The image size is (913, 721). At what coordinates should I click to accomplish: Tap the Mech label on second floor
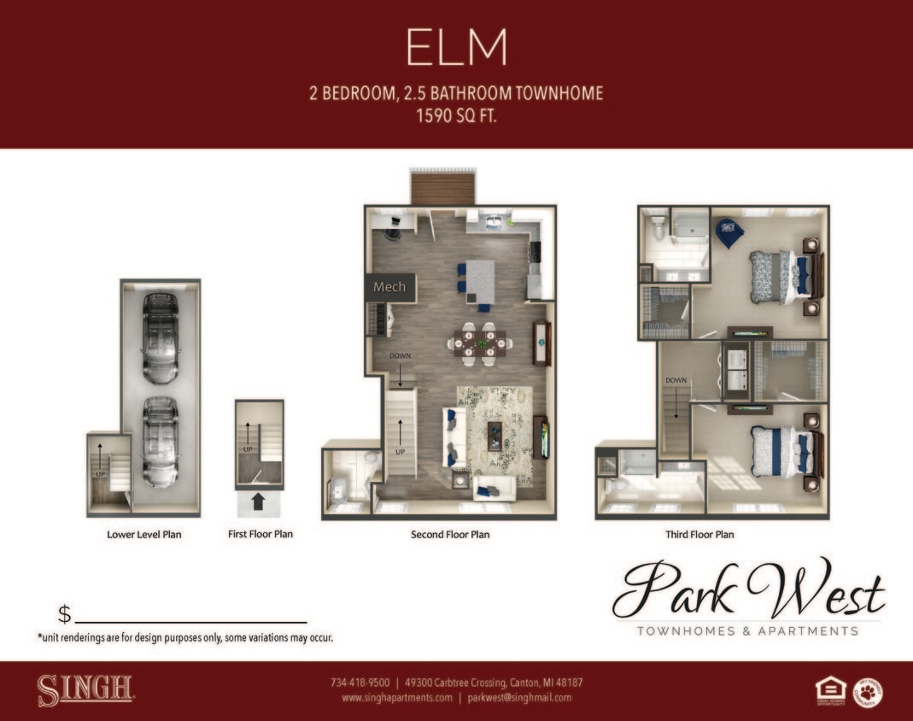[389, 287]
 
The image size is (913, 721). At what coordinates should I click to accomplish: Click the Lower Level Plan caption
[143, 535]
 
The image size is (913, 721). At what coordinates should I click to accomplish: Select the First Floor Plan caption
[260, 534]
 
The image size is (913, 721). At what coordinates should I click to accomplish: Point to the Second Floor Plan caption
[450, 535]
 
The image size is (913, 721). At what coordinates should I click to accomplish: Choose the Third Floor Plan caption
[699, 535]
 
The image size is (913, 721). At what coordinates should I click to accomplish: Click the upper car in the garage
[161, 338]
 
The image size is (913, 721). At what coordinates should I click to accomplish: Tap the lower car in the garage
[160, 440]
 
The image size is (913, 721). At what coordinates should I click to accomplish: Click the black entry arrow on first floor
[259, 501]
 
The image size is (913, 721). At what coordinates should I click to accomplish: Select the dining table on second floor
[479, 343]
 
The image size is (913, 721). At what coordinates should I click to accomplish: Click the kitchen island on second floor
[480, 281]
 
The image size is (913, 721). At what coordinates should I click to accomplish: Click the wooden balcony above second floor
[442, 188]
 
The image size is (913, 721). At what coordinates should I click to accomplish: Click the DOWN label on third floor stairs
[676, 380]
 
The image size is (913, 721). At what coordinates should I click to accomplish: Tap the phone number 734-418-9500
[360, 683]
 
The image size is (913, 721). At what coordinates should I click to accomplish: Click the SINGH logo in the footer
[85, 690]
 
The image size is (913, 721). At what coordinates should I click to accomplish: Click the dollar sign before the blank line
[65, 614]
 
